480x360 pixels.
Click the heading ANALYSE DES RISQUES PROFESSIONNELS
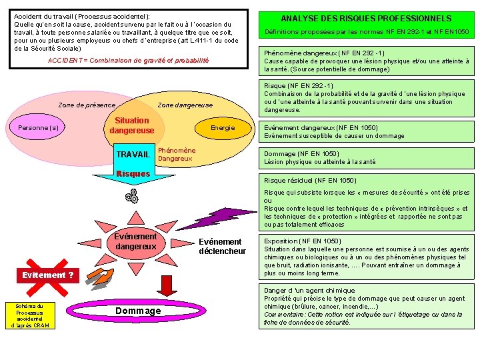pos(365,19)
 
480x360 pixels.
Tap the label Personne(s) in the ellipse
pos(38,127)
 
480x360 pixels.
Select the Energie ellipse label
pos(222,127)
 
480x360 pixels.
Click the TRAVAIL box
pos(133,155)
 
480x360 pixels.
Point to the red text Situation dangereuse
pos(131,125)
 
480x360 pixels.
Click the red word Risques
pos(133,174)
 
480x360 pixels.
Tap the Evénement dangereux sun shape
pos(136,241)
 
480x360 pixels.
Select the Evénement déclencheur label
pos(222,246)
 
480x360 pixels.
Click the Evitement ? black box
pos(47,275)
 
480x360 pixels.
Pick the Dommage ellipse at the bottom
pos(138,311)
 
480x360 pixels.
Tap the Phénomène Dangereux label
pos(176,154)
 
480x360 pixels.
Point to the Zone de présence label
pos(87,105)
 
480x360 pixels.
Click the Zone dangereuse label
pos(185,105)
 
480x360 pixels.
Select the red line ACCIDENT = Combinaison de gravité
pos(129,60)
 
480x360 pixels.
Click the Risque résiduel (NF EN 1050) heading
pos(310,180)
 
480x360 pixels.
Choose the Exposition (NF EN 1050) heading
pos(303,241)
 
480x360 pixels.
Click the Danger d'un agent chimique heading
pos(309,290)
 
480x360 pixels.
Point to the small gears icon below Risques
pos(132,196)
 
